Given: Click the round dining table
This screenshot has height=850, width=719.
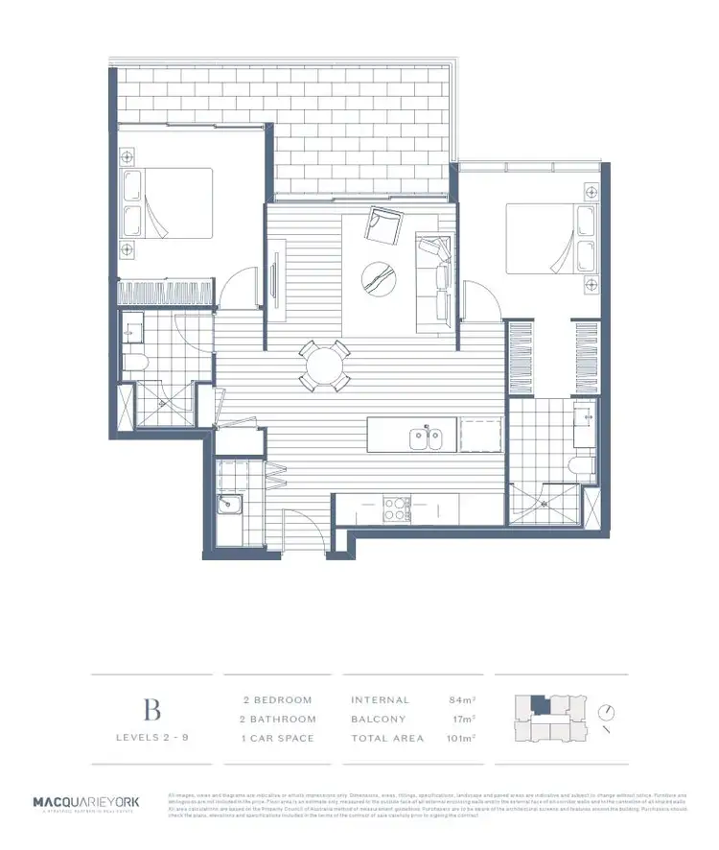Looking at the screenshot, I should (x=323, y=366).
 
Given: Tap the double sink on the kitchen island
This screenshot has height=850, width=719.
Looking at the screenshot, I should (x=423, y=438).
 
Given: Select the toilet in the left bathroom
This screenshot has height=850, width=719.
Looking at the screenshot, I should (x=135, y=362).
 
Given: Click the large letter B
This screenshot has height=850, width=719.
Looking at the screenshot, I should (x=151, y=710).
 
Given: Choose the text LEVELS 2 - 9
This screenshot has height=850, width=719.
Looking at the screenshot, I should (x=151, y=738).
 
